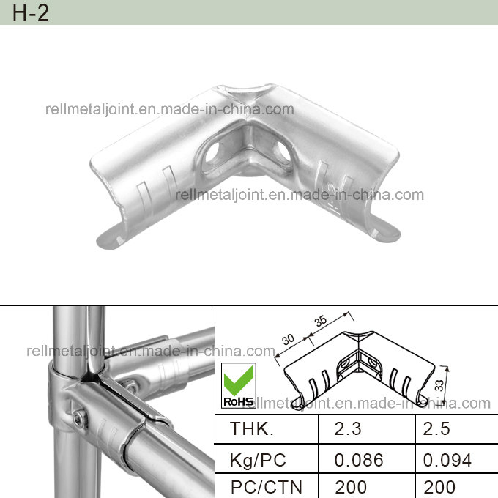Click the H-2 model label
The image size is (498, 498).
click(x=31, y=12)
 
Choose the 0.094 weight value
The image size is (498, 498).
click(x=447, y=460)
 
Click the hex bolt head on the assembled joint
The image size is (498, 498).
click(x=80, y=418)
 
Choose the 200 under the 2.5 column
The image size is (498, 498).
click(x=439, y=486)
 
